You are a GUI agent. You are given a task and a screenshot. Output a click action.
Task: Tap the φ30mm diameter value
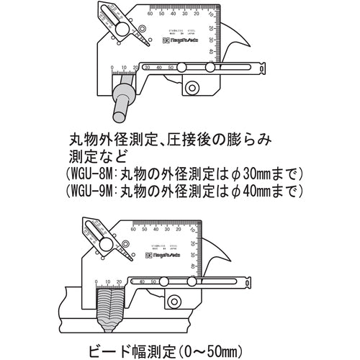click(257, 174)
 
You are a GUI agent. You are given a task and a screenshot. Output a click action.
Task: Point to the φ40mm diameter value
click(257, 191)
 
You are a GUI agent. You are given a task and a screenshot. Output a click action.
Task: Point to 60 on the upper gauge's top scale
click(150, 13)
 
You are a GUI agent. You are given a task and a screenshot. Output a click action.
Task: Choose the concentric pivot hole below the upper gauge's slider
click(192, 88)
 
